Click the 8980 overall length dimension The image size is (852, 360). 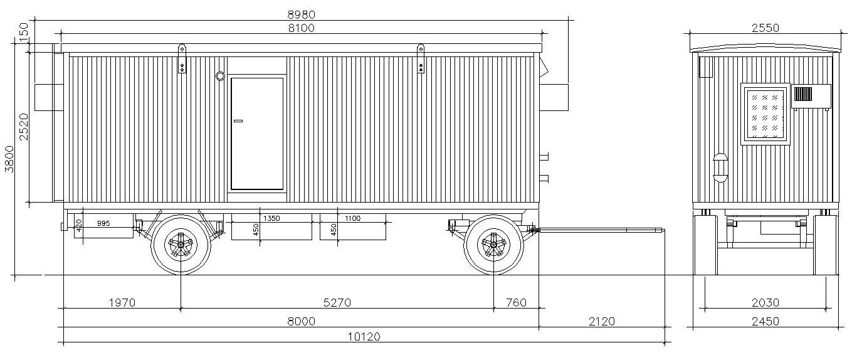coord(302,14)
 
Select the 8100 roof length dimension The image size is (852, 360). coord(302,28)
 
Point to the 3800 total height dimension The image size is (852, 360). coord(9,159)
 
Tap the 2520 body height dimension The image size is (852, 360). coord(24,127)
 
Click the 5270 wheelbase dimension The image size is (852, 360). coord(337,302)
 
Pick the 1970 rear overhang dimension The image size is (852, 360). coord(122,302)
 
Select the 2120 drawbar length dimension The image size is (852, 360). coord(602,322)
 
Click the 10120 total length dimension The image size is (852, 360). coord(364,337)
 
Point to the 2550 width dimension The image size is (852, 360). coord(765,28)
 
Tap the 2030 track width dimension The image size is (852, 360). coord(765,302)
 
